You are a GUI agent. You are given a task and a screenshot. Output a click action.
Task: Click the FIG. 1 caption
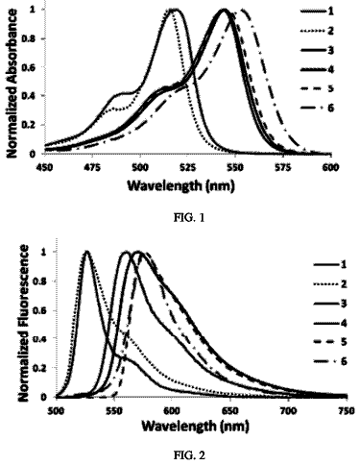click(189, 218)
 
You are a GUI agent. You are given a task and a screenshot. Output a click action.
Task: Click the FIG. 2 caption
click(189, 455)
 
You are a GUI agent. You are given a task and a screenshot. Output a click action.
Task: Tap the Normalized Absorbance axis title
click(12, 84)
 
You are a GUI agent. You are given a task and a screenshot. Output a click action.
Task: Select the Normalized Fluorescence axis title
click(24, 323)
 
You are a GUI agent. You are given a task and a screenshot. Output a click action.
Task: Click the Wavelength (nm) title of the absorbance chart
click(180, 186)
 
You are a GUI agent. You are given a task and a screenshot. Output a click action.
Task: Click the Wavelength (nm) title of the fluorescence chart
click(195, 427)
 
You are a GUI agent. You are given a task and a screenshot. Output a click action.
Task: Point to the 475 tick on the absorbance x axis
click(92, 167)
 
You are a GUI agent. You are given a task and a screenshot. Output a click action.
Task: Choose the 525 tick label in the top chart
click(187, 167)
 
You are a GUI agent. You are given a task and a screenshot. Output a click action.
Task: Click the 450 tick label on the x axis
click(44, 167)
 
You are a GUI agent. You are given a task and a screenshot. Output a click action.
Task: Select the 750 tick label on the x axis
click(347, 410)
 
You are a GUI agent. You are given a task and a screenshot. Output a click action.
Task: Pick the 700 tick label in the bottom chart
click(288, 410)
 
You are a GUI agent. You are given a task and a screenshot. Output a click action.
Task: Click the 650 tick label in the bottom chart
click(230, 410)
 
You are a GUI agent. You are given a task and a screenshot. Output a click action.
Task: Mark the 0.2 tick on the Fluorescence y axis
click(47, 368)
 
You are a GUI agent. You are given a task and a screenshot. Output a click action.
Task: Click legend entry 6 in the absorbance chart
click(317, 108)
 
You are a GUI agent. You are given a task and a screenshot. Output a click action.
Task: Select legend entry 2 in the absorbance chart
click(317, 31)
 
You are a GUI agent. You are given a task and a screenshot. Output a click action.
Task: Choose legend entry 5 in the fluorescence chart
click(330, 342)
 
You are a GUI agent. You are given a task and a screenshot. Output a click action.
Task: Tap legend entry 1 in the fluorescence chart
click(330, 264)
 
